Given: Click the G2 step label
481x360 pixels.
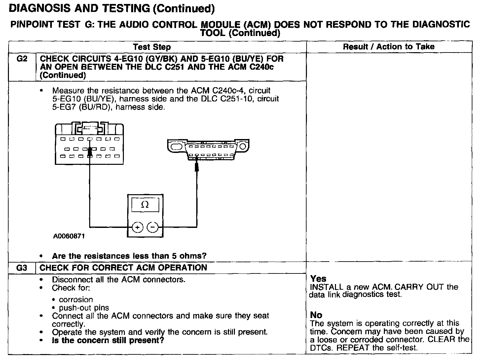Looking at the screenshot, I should [21, 59].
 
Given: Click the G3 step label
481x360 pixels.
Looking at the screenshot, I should [21, 268].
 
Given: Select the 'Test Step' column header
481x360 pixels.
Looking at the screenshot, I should [152, 47].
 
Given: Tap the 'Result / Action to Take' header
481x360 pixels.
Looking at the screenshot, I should [388, 47].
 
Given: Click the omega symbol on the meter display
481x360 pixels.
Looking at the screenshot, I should [145, 205].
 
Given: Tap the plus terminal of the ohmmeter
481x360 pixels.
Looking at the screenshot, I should [137, 227].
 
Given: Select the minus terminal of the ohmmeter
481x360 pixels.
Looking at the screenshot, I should [152, 227].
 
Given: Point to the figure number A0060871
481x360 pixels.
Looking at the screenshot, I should [69, 236].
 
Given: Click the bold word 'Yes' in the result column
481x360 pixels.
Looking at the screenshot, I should [318, 279].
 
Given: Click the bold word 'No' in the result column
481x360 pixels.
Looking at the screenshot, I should [316, 315].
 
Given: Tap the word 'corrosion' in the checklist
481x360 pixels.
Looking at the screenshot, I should [76, 300].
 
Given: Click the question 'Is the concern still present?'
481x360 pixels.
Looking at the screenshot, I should [108, 340].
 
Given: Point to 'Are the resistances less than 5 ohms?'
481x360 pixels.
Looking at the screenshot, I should [129, 256].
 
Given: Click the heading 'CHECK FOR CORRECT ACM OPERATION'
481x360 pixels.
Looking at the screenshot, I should [123, 268].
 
